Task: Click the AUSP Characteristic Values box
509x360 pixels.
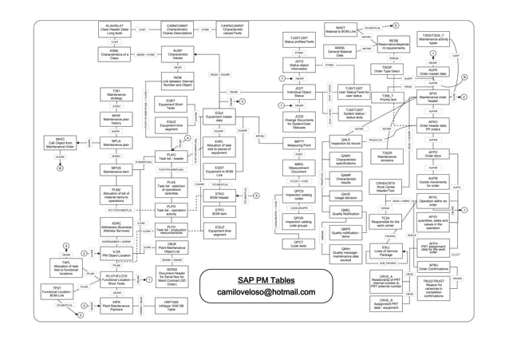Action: pos(177,54)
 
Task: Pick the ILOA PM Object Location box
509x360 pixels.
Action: pos(116,252)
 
